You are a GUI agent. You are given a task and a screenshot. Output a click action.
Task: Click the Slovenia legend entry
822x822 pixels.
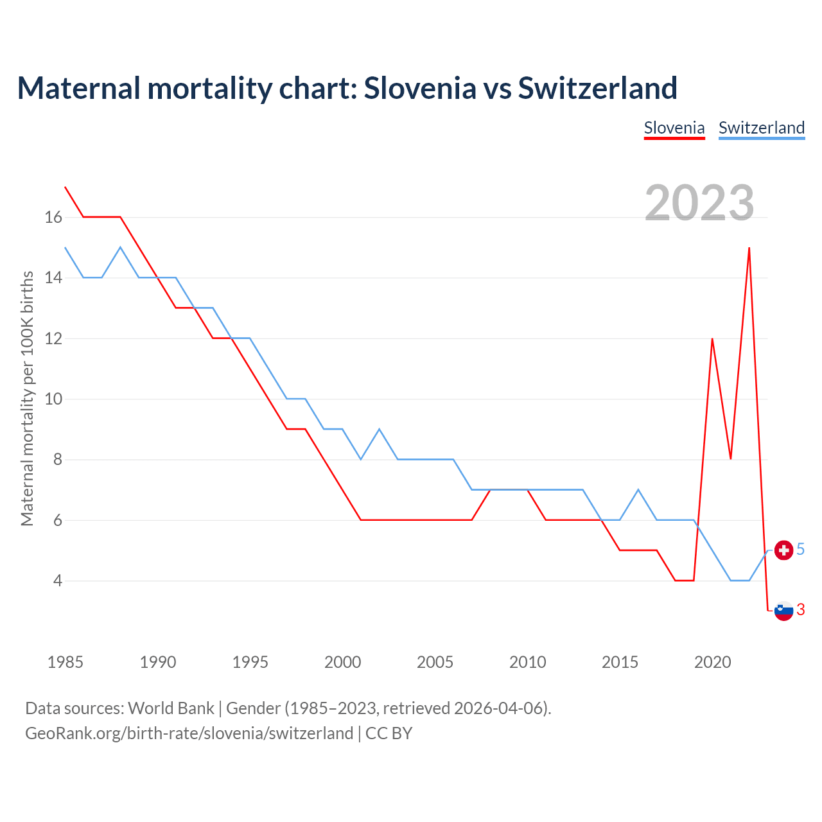tap(674, 128)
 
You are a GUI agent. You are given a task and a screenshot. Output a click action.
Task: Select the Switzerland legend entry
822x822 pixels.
tap(762, 128)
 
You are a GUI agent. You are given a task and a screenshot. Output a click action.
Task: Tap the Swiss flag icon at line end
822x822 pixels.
tap(783, 550)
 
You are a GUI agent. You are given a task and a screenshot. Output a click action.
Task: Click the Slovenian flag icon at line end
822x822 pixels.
tap(783, 610)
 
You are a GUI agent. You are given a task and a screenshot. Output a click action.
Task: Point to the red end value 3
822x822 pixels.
tap(801, 610)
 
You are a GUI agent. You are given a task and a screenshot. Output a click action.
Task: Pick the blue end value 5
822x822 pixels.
tap(801, 550)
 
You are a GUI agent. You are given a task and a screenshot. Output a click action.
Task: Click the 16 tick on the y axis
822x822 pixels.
tap(53, 218)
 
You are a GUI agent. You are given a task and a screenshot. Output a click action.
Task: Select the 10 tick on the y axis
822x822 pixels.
tap(53, 399)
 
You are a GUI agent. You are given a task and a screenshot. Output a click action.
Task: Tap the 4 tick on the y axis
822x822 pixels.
tap(58, 581)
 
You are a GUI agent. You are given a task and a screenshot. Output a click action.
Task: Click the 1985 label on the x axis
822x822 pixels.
tap(66, 662)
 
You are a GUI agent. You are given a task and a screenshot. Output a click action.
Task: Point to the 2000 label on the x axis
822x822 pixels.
tap(343, 662)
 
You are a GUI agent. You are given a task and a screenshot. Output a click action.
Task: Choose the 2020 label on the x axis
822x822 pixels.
tap(712, 662)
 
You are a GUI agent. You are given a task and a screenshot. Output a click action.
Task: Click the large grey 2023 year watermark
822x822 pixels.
tap(699, 203)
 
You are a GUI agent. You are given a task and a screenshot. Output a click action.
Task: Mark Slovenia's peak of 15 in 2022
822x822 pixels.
tap(749, 248)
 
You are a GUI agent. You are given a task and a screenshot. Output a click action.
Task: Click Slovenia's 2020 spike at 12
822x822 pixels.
tap(712, 338)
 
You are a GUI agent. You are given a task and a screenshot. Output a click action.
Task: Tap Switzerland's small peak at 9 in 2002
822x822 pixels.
tap(380, 429)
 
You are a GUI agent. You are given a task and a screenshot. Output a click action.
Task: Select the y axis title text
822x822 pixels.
tap(27, 398)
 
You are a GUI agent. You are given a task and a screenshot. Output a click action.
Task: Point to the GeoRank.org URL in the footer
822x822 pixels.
tap(189, 733)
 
